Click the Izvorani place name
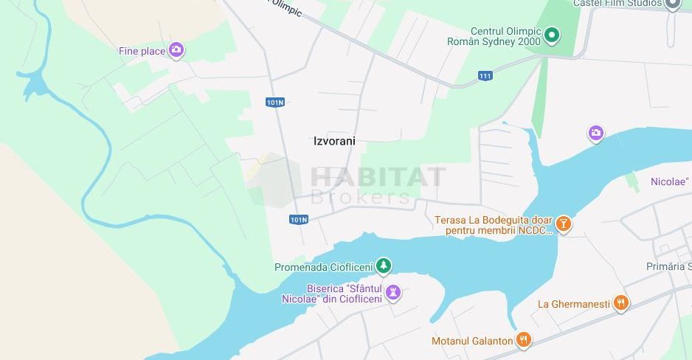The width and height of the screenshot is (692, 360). pos(334,141)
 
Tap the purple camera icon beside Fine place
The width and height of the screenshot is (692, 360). pos(176,50)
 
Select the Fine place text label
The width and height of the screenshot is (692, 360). pos(142,51)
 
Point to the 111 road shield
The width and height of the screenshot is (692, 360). pos(485,76)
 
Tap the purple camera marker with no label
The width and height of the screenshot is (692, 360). pos(595,134)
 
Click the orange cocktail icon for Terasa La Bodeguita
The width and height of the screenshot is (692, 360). pos(564,224)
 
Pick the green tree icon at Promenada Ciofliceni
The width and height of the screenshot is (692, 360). pos(383,266)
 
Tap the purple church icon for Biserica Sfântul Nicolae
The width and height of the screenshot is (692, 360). pos(393,293)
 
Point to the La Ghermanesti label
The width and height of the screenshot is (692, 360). pos(573,304)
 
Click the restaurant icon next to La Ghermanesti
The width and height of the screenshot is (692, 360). pos(621,302)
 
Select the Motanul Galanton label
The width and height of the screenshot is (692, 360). pos(471,341)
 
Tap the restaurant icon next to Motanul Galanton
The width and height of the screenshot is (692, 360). pos(523,339)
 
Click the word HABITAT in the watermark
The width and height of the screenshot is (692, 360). pos(378,177)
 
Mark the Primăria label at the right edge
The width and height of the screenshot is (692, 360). pos(668,266)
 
